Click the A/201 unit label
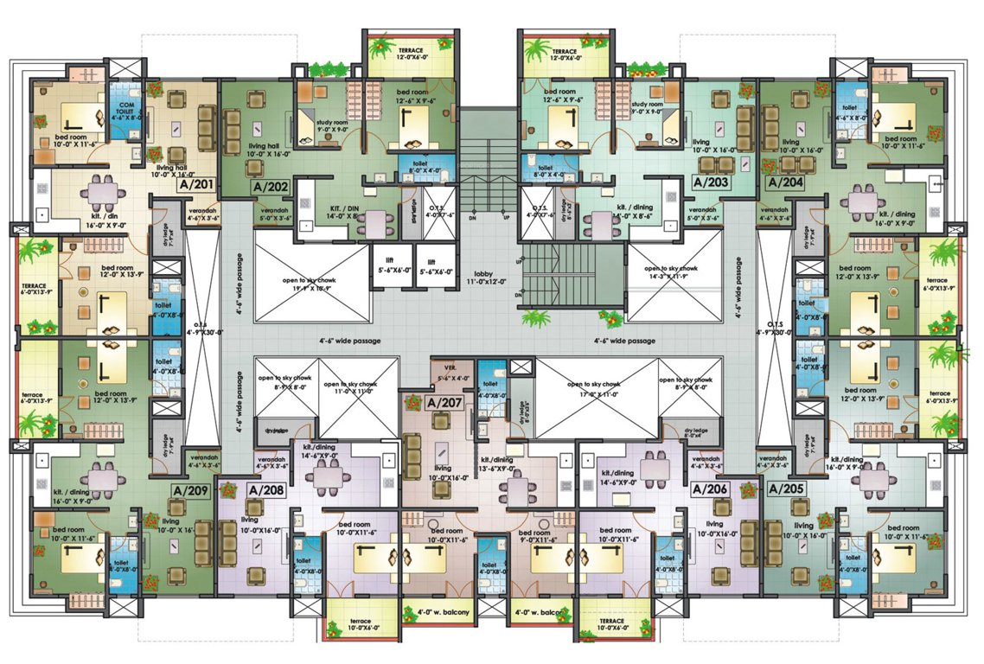[196, 184]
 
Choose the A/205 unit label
[786, 489]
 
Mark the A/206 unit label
[712, 489]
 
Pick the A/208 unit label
[266, 490]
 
